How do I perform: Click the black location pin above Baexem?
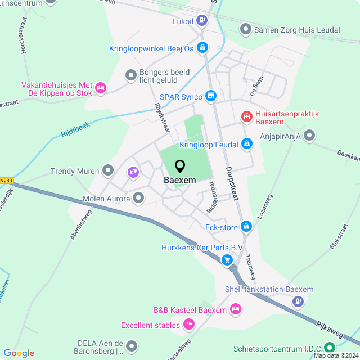click(180, 166)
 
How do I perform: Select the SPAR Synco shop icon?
click(211, 96)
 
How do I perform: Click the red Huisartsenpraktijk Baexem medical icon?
click(246, 116)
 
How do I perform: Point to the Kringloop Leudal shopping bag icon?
click(246, 145)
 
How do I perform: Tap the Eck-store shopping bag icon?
click(246, 227)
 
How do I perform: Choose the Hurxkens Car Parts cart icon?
click(227, 259)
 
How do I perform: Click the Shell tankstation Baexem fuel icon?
click(296, 301)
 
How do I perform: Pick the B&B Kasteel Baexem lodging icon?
click(236, 309)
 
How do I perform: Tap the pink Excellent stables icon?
click(189, 324)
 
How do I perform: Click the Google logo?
click(19, 353)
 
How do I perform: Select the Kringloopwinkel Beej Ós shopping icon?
click(202, 48)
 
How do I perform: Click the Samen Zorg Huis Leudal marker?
click(245, 29)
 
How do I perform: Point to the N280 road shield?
click(6, 181)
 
